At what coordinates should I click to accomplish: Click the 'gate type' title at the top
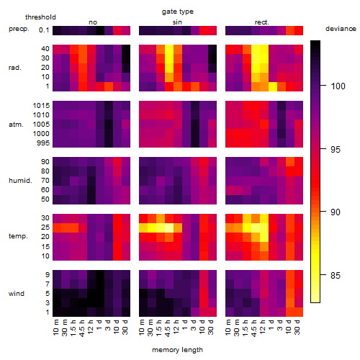coord(178,12)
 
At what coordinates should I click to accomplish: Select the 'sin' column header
coord(177,22)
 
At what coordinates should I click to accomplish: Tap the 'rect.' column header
coord(262,22)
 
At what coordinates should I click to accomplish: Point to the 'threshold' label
coord(40,17)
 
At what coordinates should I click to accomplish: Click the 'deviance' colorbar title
coord(341,29)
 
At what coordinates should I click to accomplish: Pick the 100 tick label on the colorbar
coord(338,86)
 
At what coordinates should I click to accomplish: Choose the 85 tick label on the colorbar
coord(336,275)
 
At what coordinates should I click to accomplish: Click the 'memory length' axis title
coord(177,350)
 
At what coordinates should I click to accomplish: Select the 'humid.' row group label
coord(20,181)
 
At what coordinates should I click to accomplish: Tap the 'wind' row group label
coord(17,294)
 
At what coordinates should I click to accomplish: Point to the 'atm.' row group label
coord(16,125)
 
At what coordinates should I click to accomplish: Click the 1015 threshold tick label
coord(41,106)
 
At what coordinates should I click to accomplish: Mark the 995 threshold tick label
coord(43,143)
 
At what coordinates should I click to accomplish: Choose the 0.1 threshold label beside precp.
coord(44,30)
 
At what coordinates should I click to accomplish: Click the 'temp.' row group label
coord(18,236)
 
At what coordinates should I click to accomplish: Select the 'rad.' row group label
coord(15,68)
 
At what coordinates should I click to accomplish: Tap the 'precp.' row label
coord(19,29)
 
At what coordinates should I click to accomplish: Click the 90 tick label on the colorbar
coord(336,212)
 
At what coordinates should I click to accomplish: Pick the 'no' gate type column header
coord(93,22)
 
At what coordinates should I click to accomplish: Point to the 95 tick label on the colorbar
coord(336,149)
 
